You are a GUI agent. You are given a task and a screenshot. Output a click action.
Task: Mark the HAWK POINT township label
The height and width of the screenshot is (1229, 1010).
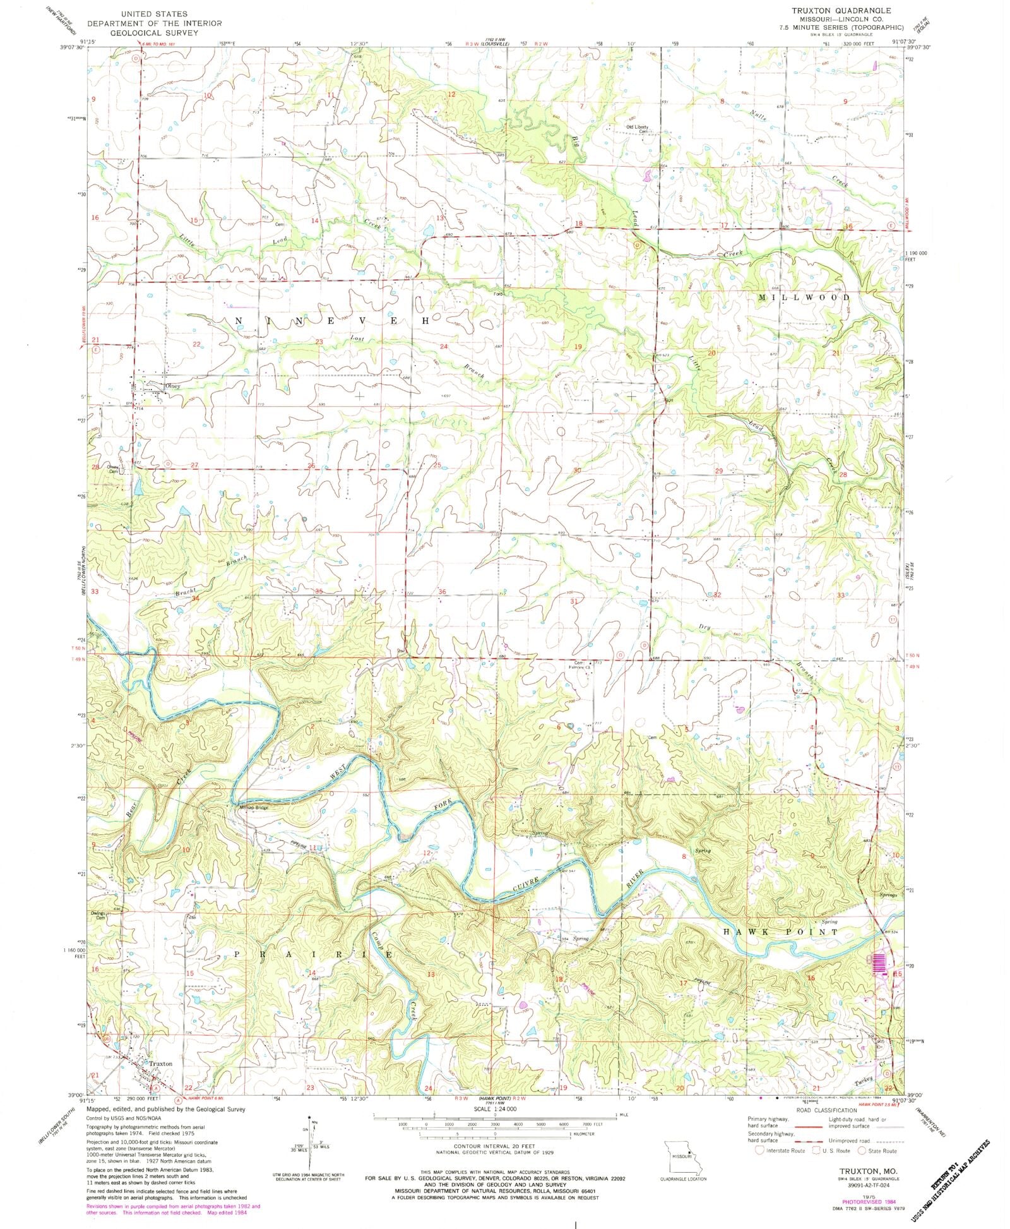click(x=780, y=932)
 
